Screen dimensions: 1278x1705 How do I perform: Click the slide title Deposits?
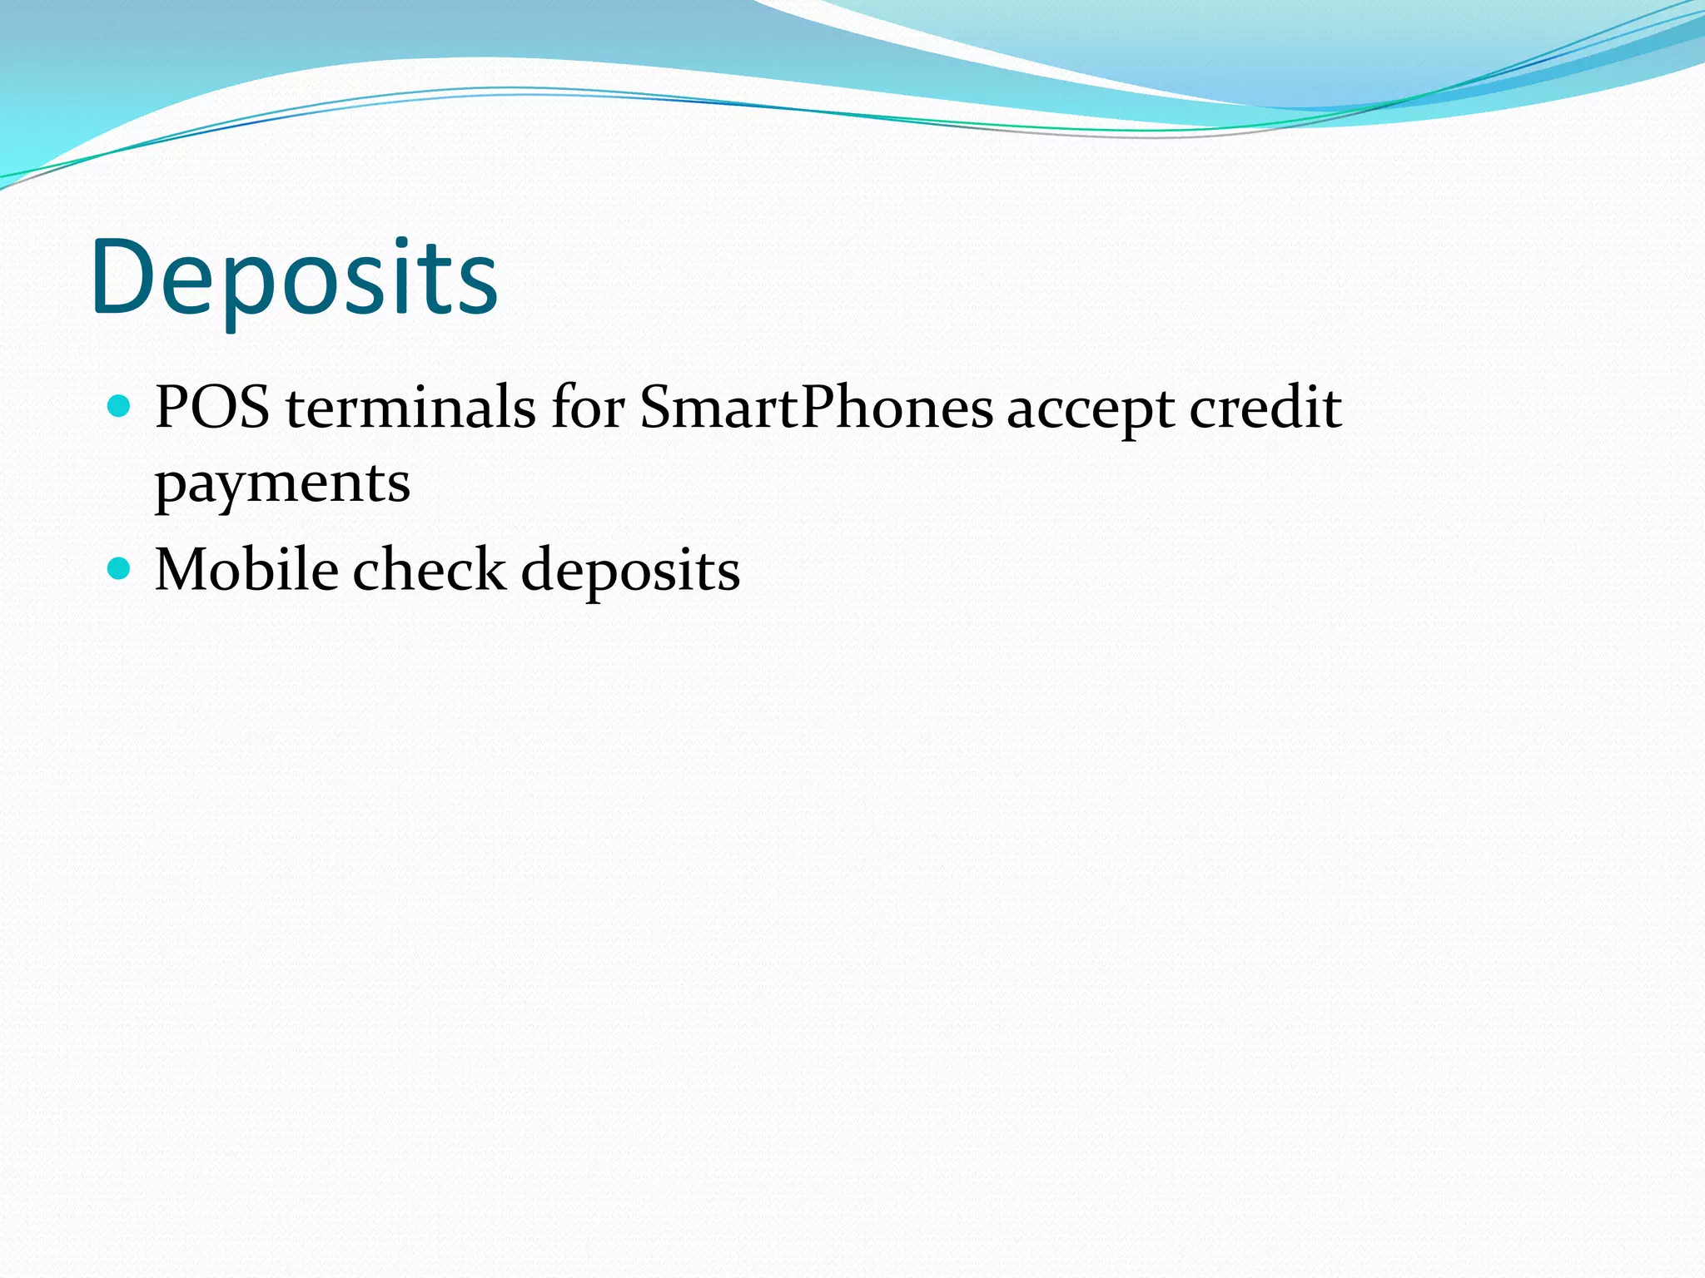point(295,278)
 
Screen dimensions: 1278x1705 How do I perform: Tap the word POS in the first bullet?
point(212,408)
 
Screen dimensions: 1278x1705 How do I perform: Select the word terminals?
point(410,408)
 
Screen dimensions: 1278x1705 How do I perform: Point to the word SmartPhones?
point(816,408)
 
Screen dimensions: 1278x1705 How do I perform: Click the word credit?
point(1265,408)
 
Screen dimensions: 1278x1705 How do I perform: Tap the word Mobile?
point(246,570)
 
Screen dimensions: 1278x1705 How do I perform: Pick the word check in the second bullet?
point(429,570)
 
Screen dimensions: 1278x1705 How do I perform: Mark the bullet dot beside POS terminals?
point(120,407)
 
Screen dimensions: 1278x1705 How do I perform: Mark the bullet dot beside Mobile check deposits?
point(120,569)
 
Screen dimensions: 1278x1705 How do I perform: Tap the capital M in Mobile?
point(181,571)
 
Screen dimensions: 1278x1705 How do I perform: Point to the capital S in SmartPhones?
point(658,409)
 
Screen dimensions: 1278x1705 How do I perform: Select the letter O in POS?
point(216,409)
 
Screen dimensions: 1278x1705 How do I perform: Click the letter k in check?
point(491,569)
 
